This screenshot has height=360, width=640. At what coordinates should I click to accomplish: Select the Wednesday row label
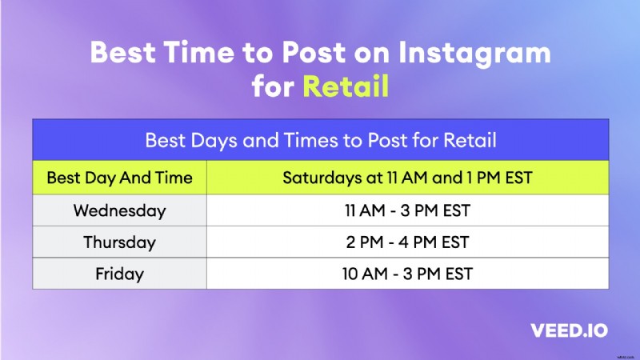coord(119,211)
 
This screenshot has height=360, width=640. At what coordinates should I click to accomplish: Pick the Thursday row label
coord(119,242)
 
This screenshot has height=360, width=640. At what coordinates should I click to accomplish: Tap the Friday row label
coord(119,274)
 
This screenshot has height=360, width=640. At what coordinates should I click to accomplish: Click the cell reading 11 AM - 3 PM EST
coord(407,211)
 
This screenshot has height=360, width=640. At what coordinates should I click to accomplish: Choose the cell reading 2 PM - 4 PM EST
coord(407,242)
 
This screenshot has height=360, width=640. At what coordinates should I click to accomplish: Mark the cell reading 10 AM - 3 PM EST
coord(407,274)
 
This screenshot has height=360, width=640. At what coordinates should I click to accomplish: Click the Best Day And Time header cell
coord(119,178)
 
